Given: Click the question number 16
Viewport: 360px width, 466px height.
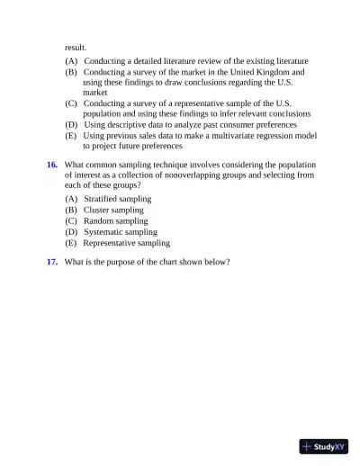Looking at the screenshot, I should (52, 165).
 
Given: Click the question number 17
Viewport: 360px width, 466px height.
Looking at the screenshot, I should (52, 262).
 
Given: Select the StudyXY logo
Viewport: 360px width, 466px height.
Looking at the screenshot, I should (323, 446).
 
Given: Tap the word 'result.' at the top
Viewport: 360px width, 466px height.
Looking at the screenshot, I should (76, 46).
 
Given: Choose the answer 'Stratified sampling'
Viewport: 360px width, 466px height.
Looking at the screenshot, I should (117, 199).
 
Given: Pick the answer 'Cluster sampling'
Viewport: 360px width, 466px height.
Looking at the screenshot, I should (113, 210).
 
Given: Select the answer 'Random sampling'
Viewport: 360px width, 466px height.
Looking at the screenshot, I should (115, 220).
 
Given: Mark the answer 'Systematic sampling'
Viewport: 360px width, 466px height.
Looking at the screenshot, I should (120, 231).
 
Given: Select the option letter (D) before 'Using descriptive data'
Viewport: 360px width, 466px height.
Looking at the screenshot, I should (71, 124).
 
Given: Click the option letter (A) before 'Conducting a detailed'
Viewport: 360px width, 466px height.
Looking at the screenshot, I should (71, 60).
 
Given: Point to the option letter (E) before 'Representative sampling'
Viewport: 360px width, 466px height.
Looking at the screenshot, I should (71, 242).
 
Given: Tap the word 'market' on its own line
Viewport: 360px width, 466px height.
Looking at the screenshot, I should (95, 92).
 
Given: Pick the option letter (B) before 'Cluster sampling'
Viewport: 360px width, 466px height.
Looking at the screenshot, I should (71, 210).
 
